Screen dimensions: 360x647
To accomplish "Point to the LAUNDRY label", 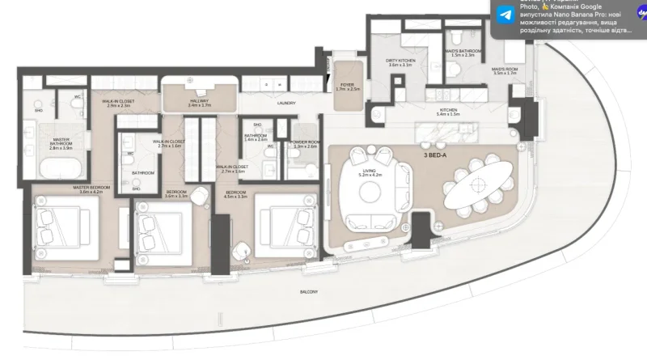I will tap(286, 103).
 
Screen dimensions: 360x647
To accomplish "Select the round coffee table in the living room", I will tap(369, 191).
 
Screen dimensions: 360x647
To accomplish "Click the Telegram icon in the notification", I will tap(505, 15).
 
